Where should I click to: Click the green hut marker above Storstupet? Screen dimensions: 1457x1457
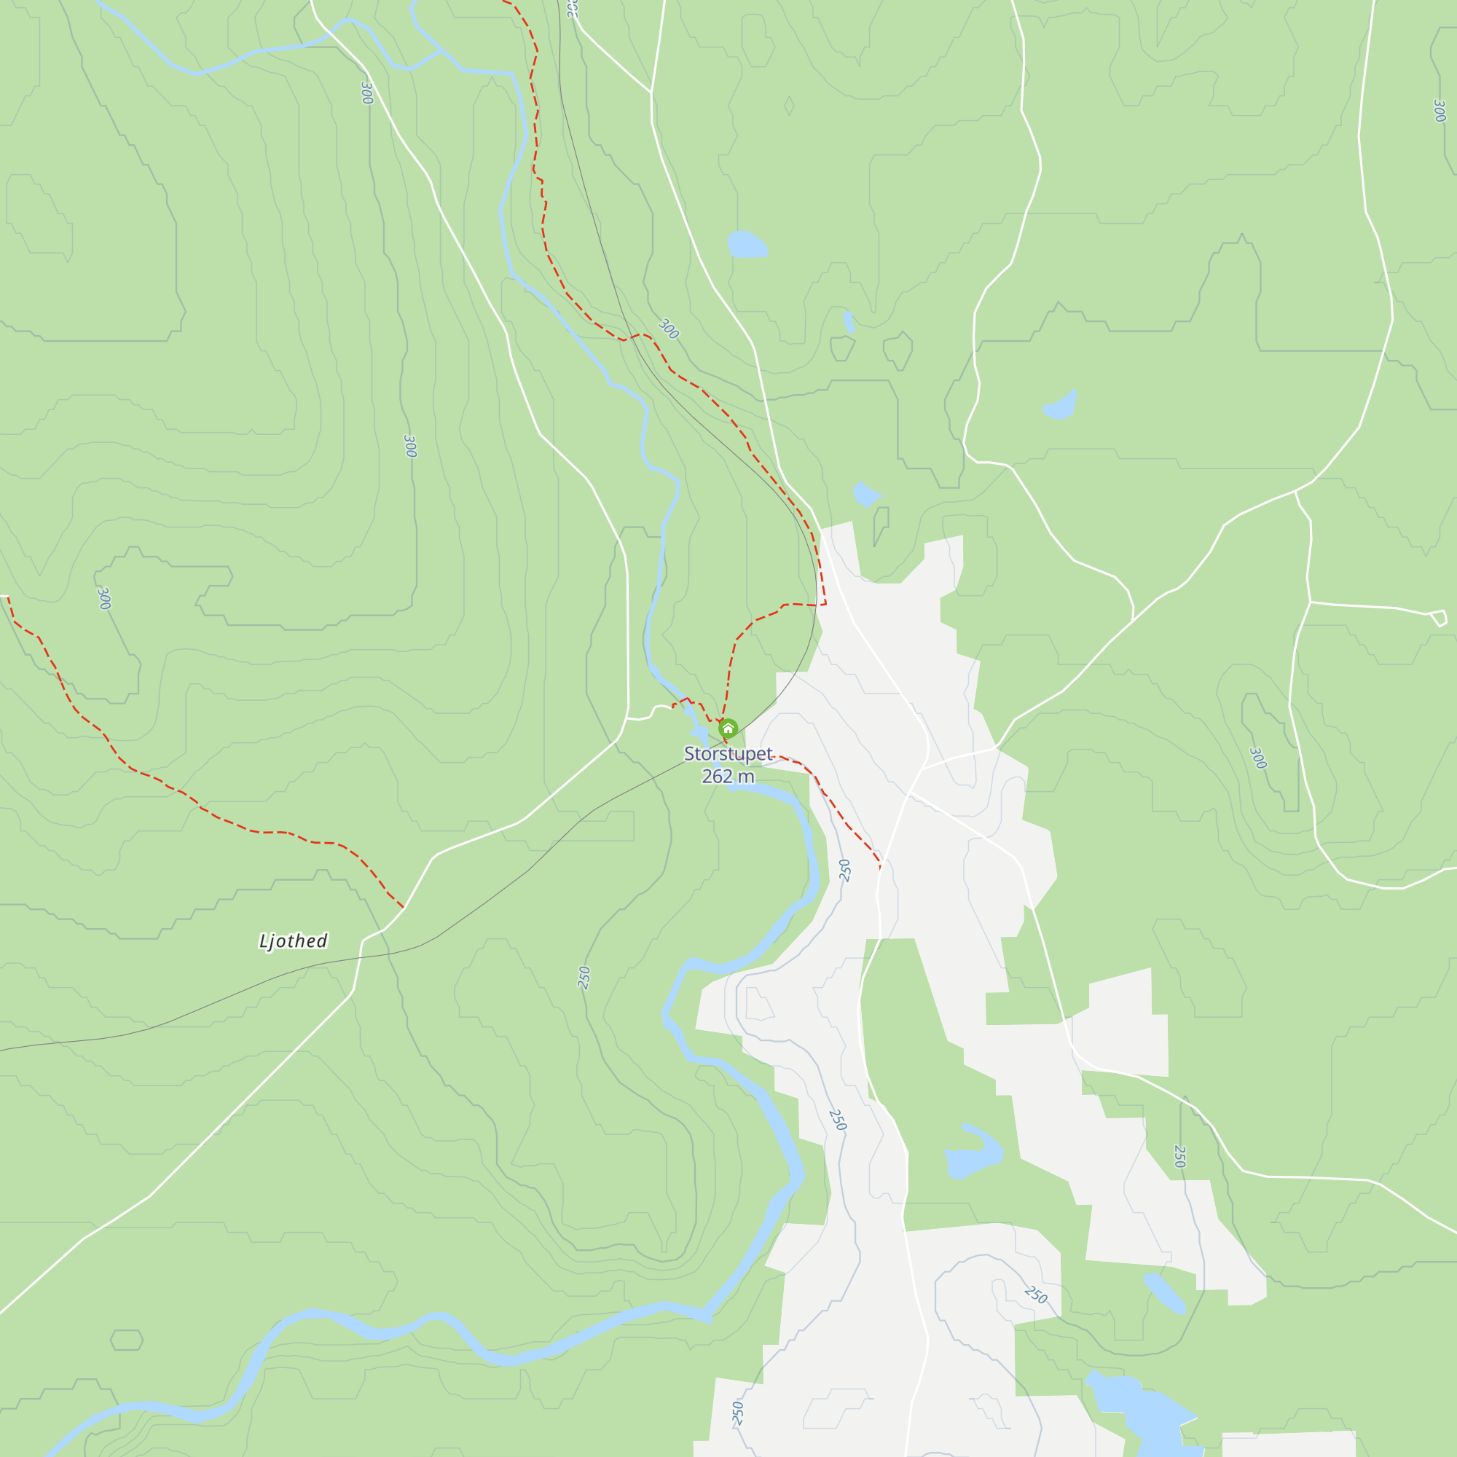[x=728, y=728]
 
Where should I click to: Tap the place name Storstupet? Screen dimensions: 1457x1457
[x=728, y=753]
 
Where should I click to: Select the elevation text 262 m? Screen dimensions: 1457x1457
[x=728, y=776]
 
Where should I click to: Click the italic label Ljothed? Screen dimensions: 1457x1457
[x=294, y=940]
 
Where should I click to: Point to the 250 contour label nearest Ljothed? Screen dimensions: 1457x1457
[x=584, y=978]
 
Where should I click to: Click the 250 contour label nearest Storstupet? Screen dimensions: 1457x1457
[x=844, y=871]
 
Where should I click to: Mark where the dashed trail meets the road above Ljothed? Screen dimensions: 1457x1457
[x=404, y=907]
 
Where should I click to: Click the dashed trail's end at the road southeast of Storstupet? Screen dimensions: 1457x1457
[x=880, y=867]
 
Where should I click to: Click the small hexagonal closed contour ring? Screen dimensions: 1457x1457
[x=127, y=1340]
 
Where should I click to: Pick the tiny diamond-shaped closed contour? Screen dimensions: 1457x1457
[x=789, y=106]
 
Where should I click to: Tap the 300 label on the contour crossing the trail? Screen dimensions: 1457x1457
[x=668, y=329]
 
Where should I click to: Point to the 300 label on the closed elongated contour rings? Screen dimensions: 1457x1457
[x=1257, y=758]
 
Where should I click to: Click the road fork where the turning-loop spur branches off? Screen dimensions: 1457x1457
[x=1310, y=602]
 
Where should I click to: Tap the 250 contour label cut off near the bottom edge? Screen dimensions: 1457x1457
[x=737, y=1413]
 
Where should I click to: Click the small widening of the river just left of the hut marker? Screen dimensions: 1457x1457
[x=700, y=733]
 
